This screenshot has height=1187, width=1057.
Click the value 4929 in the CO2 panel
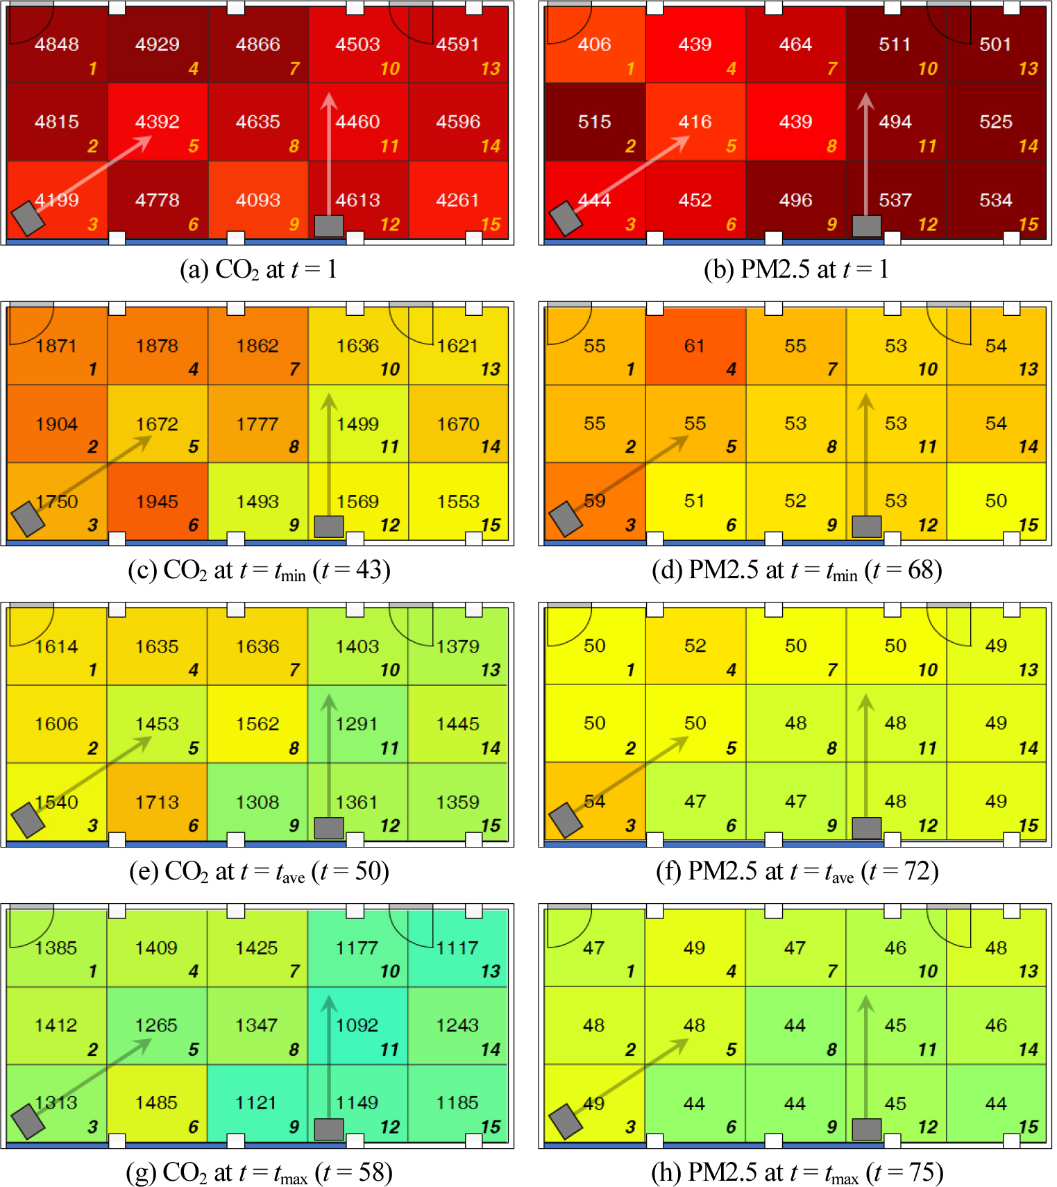click(x=158, y=44)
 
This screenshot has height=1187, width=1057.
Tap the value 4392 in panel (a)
click(x=158, y=122)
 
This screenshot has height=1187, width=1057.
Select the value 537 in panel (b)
click(x=895, y=201)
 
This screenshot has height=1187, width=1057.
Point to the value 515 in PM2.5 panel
click(x=595, y=122)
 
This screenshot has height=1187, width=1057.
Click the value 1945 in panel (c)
click(x=158, y=502)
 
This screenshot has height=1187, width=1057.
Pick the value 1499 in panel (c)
click(x=357, y=424)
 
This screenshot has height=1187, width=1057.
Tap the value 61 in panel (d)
click(x=695, y=346)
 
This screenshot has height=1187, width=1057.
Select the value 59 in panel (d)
click(x=595, y=501)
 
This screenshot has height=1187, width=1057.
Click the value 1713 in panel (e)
click(x=158, y=802)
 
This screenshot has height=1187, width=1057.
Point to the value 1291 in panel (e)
click(x=357, y=724)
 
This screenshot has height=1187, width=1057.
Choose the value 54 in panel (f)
click(x=595, y=802)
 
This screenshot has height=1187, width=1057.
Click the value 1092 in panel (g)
click(x=357, y=1025)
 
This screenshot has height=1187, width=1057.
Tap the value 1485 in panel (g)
click(x=157, y=1103)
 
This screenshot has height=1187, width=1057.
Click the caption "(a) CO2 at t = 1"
click(x=258, y=270)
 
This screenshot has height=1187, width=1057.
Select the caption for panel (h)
click(x=797, y=1172)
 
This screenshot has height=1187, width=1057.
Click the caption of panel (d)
click(x=797, y=571)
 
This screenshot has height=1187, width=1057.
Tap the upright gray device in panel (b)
click(x=867, y=226)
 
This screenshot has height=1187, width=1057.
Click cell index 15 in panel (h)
click(x=1029, y=1127)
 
